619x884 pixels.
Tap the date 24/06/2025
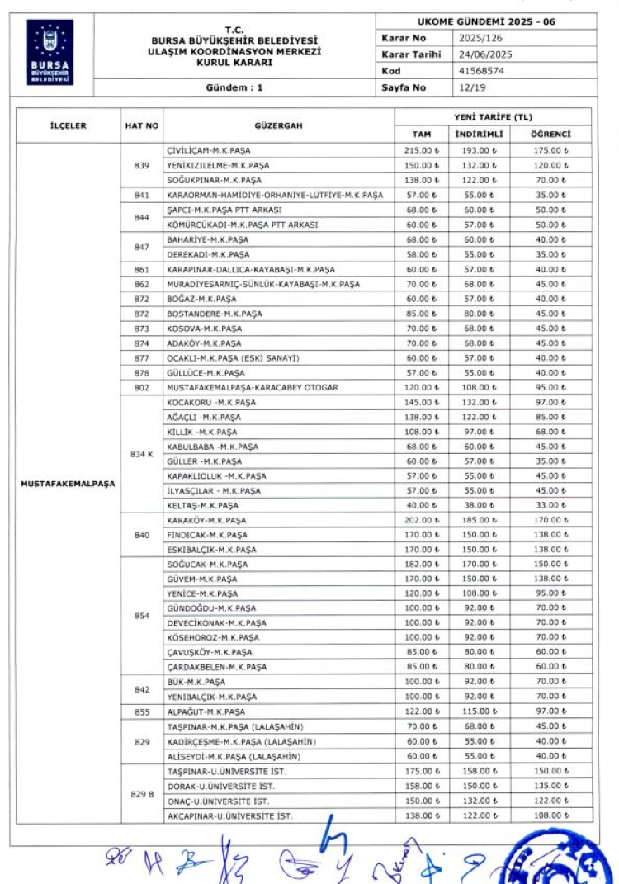480,54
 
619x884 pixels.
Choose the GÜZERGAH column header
278,126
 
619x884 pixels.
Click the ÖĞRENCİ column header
550,134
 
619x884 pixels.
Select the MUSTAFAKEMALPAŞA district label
68,483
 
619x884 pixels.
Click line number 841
141,196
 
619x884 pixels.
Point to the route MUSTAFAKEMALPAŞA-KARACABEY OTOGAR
252,387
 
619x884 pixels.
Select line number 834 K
141,454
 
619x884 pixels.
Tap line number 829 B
141,794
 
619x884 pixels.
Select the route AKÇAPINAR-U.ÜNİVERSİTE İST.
229,816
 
